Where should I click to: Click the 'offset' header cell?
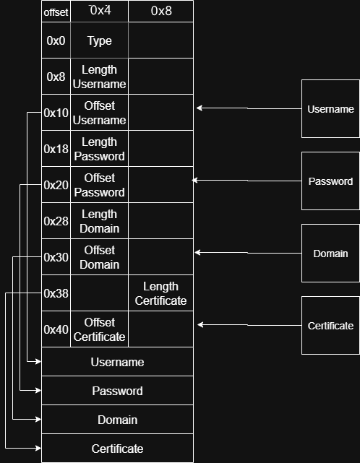56,12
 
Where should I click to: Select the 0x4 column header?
99,12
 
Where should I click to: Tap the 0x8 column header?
161,12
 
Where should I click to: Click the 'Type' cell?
99,40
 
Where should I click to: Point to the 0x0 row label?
56,40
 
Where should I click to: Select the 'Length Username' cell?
99,77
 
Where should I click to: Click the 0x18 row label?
56,149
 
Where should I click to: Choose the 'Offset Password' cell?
99,185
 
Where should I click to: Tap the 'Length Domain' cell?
99,221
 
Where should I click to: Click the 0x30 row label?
56,257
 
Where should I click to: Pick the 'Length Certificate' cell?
161,293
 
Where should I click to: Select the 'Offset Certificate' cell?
99,329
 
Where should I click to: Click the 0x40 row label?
56,329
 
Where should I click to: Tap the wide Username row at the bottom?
117,362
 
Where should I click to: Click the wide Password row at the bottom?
117,390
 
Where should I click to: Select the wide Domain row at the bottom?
117,419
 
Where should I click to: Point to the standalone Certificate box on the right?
330,325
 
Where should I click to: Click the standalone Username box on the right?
330,108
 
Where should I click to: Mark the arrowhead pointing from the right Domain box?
197,253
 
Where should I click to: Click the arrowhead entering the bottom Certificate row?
38,449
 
